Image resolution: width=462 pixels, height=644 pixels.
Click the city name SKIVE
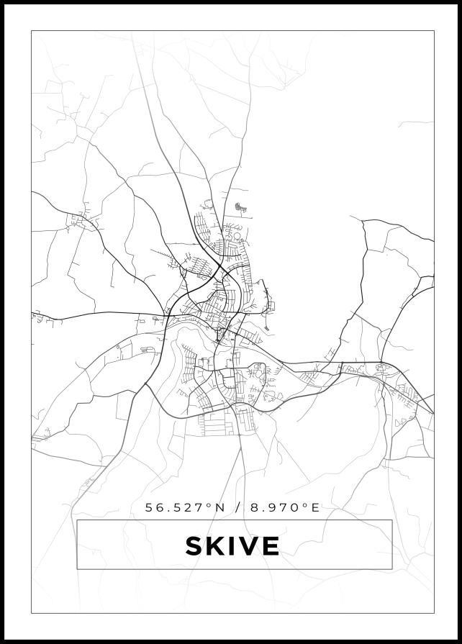coord(232,546)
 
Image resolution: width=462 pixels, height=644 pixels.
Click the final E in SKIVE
coord(270,546)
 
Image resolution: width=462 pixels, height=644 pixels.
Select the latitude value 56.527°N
coord(185,507)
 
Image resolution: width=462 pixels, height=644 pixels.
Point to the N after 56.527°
coord(220,507)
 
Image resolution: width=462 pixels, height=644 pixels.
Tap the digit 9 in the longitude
coord(272,507)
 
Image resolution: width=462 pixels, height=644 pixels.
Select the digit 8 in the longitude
coord(255,507)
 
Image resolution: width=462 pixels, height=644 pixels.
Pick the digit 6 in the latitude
coord(160,507)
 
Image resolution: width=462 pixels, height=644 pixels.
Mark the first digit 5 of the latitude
coord(149,507)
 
